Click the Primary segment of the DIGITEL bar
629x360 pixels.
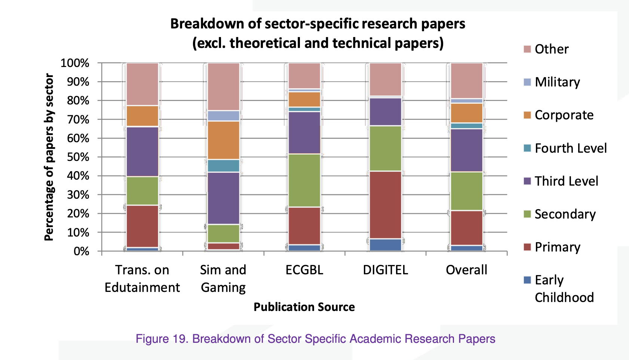tap(386, 205)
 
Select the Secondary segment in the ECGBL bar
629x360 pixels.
tap(304, 180)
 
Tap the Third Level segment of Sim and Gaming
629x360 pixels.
tap(223, 198)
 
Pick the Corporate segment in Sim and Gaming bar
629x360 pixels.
tap(223, 140)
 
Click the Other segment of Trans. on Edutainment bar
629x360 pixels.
tap(142, 84)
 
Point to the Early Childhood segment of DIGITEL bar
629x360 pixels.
tap(386, 245)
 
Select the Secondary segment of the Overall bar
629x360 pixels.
tap(467, 191)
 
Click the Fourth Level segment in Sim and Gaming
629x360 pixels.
tap(223, 165)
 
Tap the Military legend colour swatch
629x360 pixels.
tap(527, 82)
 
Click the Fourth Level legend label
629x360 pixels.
tap(571, 148)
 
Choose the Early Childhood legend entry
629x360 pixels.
tap(564, 289)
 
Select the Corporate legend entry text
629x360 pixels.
tap(564, 115)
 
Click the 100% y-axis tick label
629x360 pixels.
tap(75, 63)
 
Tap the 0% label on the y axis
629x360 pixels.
tap(81, 251)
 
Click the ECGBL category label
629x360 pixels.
tap(304, 270)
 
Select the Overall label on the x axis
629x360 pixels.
tap(466, 270)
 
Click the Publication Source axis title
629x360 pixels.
tap(304, 307)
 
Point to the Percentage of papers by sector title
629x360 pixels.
tap(49, 157)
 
